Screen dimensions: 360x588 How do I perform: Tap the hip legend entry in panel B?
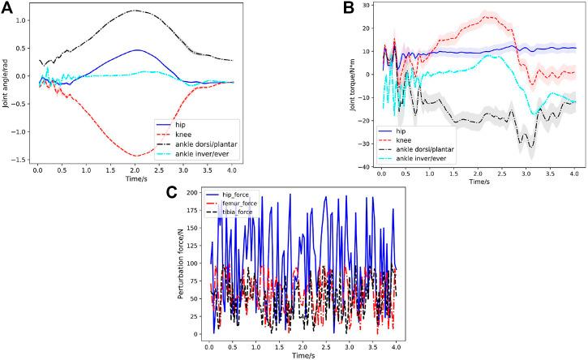397,131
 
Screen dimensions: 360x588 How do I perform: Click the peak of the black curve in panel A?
135,11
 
